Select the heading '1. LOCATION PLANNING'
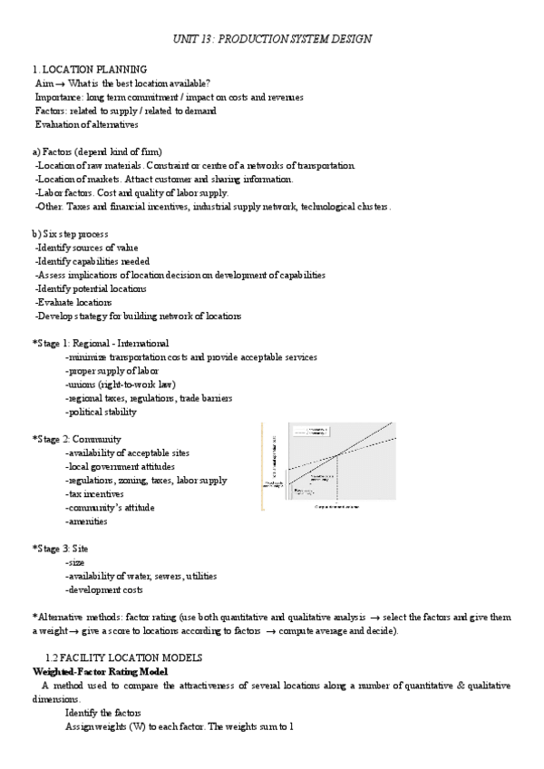point(90,70)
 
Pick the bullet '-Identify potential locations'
point(90,288)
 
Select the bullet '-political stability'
point(101,412)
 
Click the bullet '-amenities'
point(86,521)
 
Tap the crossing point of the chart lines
point(337,454)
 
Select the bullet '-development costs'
point(103,589)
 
